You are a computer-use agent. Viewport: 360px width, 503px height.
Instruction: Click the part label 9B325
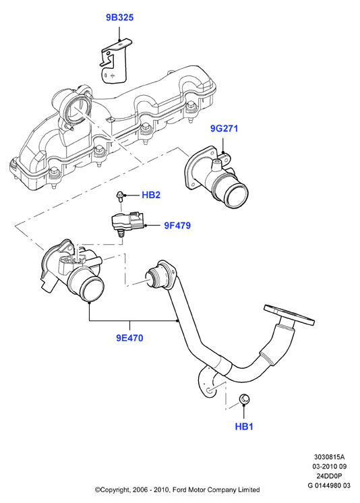coord(120,18)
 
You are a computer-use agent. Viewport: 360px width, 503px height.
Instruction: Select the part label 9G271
coord(224,129)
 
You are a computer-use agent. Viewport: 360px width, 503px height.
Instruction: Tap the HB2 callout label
coord(151,195)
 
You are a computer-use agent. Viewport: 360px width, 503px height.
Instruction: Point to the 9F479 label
coord(177,225)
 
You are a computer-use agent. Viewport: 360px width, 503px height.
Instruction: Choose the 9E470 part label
coord(129,338)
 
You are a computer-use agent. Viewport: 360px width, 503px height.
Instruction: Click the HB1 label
coord(244,427)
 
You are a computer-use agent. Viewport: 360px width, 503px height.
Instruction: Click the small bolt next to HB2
coord(119,196)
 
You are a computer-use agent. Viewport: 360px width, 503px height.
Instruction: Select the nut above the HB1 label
coord(244,399)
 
